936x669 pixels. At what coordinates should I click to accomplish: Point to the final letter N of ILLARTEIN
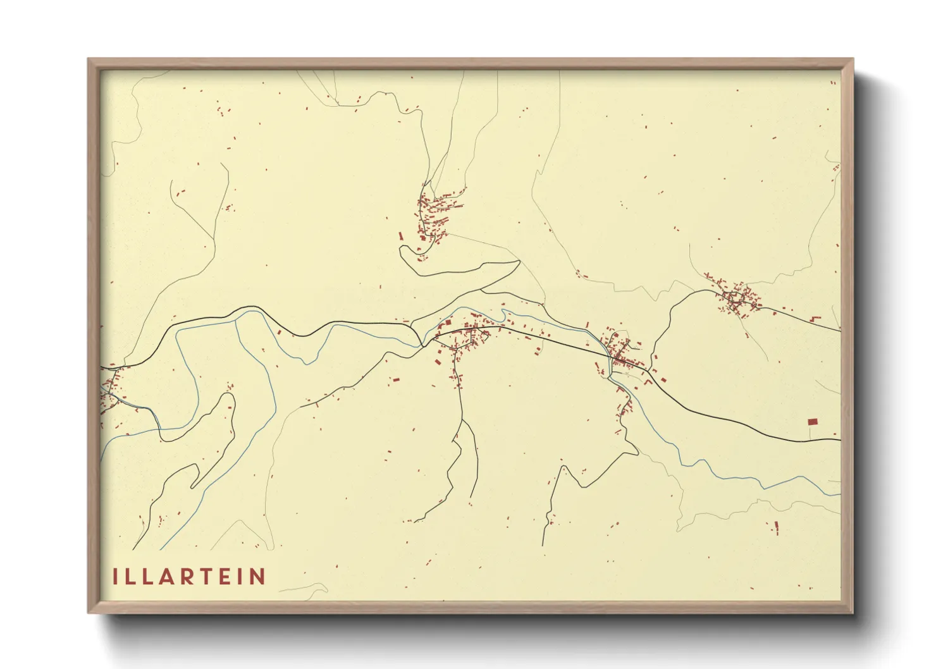[x=257, y=577]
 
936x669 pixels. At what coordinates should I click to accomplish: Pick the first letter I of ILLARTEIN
[x=115, y=577]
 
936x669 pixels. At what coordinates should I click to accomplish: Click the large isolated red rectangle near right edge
[x=813, y=421]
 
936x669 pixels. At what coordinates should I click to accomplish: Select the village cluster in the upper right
[x=735, y=298]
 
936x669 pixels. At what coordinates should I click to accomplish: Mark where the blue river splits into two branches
[x=236, y=320]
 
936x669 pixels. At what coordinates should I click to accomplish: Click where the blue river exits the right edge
[x=839, y=494]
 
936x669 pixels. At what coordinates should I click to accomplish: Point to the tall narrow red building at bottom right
[x=777, y=527]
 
